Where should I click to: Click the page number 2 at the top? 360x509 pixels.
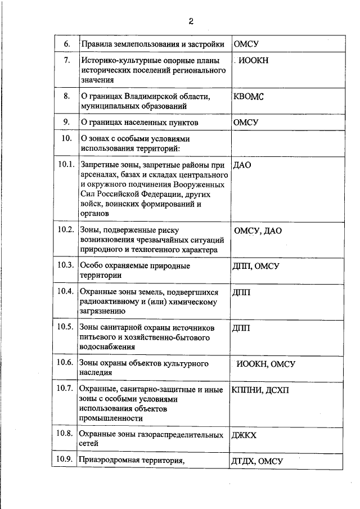click(191, 21)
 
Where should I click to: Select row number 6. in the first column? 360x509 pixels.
click(66, 44)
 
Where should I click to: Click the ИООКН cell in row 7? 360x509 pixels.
click(254, 61)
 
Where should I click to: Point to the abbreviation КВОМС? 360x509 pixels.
click(248, 96)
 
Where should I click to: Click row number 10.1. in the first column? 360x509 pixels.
click(66, 164)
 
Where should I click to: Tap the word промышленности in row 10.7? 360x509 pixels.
click(111, 418)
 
